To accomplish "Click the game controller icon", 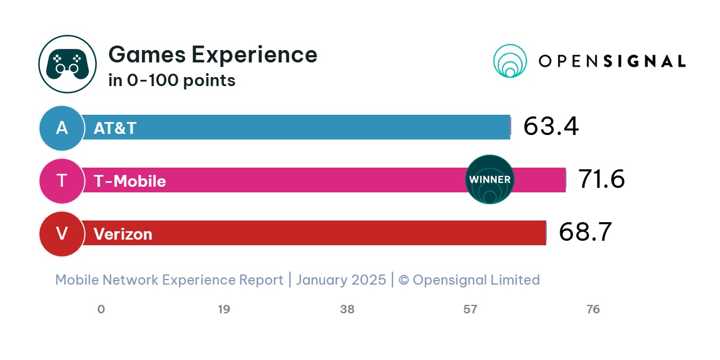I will (x=67, y=64).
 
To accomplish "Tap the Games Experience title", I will (x=213, y=55).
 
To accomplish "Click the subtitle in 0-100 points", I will (x=172, y=80).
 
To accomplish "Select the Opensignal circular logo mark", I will (x=510, y=61).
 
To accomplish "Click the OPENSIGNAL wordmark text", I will (x=612, y=61).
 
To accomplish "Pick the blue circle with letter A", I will (x=62, y=128).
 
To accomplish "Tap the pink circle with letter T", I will (x=62, y=181).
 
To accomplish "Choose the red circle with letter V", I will (x=62, y=233).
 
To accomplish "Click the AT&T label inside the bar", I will (x=115, y=128).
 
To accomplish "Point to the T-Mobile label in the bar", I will (x=130, y=181).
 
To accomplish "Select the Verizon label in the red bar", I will (x=123, y=234).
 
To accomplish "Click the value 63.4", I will (x=551, y=126).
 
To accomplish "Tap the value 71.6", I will (x=601, y=179).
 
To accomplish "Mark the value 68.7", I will (x=585, y=232).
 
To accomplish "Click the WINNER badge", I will (x=490, y=179).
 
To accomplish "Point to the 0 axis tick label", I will (x=101, y=309).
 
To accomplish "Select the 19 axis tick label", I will (x=224, y=309).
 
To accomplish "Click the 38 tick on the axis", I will (x=347, y=309).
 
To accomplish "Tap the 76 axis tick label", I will (x=593, y=309).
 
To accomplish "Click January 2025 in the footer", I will (x=341, y=280).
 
